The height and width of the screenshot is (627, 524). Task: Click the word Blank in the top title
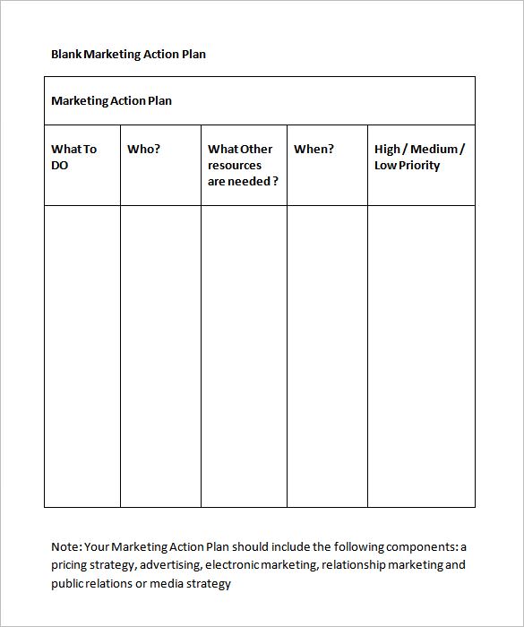(x=66, y=54)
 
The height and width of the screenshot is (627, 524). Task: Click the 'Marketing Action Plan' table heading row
(x=111, y=100)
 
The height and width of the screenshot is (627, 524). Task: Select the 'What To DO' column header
(x=73, y=157)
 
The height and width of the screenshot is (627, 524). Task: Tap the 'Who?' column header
(x=143, y=149)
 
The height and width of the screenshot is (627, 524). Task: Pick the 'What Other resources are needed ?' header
(x=242, y=165)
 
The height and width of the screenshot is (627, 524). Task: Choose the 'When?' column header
(x=314, y=149)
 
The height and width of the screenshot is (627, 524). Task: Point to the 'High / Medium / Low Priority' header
(x=419, y=157)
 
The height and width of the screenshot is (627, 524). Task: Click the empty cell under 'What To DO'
(x=82, y=356)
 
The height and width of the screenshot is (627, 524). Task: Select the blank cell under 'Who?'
(x=160, y=356)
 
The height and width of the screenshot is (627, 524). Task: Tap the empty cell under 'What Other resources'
(x=244, y=356)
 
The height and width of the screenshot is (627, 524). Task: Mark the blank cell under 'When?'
(x=327, y=356)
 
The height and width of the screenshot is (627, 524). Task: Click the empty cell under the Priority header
(x=421, y=356)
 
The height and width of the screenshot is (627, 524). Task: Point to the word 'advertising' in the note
(x=169, y=565)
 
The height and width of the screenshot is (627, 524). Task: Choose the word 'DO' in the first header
(x=60, y=165)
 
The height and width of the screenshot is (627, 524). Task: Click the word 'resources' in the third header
(x=235, y=165)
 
